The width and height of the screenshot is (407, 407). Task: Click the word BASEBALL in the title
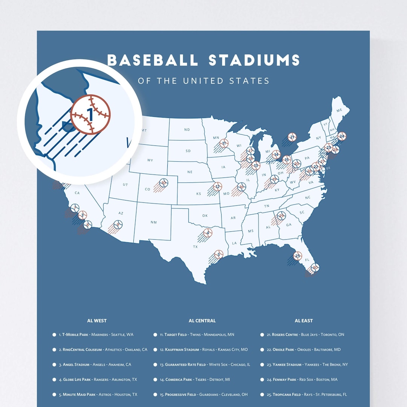[152, 60]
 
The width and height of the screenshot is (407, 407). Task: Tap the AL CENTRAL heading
[202, 321]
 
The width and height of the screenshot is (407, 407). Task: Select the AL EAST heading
[304, 321]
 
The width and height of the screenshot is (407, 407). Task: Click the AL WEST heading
[97, 321]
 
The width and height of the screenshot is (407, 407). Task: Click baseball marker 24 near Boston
[341, 136]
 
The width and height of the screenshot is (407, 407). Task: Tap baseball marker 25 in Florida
[297, 256]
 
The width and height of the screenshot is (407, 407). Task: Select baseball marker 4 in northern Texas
[208, 233]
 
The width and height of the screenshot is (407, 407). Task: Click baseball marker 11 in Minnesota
[225, 143]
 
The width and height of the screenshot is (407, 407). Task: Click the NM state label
[153, 222]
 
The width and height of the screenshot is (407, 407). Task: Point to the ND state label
[187, 130]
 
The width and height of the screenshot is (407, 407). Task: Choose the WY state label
[150, 160]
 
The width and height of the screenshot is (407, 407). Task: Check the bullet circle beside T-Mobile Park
[54, 335]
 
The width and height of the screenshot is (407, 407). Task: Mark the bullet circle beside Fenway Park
[262, 379]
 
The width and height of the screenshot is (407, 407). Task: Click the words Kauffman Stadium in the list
[182, 350]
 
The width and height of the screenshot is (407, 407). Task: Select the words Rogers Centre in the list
[285, 335]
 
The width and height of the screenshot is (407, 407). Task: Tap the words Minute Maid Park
[79, 395]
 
